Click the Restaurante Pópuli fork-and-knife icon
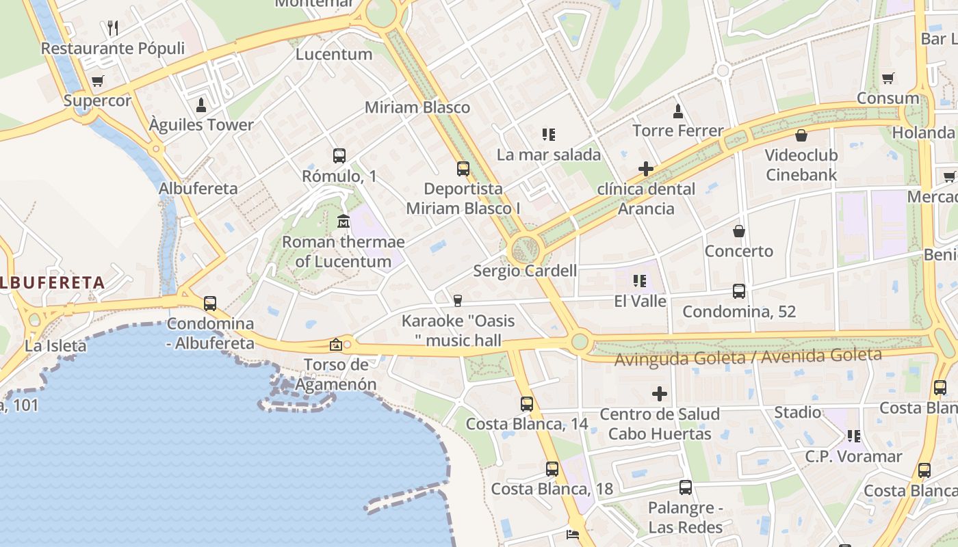click(113, 28)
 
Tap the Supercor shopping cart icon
click(98, 81)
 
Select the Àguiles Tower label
click(201, 125)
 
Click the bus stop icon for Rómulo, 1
click(339, 156)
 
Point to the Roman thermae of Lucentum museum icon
click(344, 222)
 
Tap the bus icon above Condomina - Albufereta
click(210, 304)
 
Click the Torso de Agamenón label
click(336, 374)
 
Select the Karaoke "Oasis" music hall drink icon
click(458, 301)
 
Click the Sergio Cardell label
click(525, 271)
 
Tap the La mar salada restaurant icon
click(548, 135)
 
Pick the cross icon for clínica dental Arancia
click(645, 168)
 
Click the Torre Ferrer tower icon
click(678, 111)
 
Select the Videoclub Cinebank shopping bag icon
click(801, 135)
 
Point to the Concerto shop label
click(739, 251)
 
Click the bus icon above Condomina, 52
click(739, 291)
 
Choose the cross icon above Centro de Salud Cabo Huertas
click(660, 394)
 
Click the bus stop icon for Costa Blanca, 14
click(526, 404)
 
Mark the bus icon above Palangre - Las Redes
click(686, 488)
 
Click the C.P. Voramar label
click(853, 456)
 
